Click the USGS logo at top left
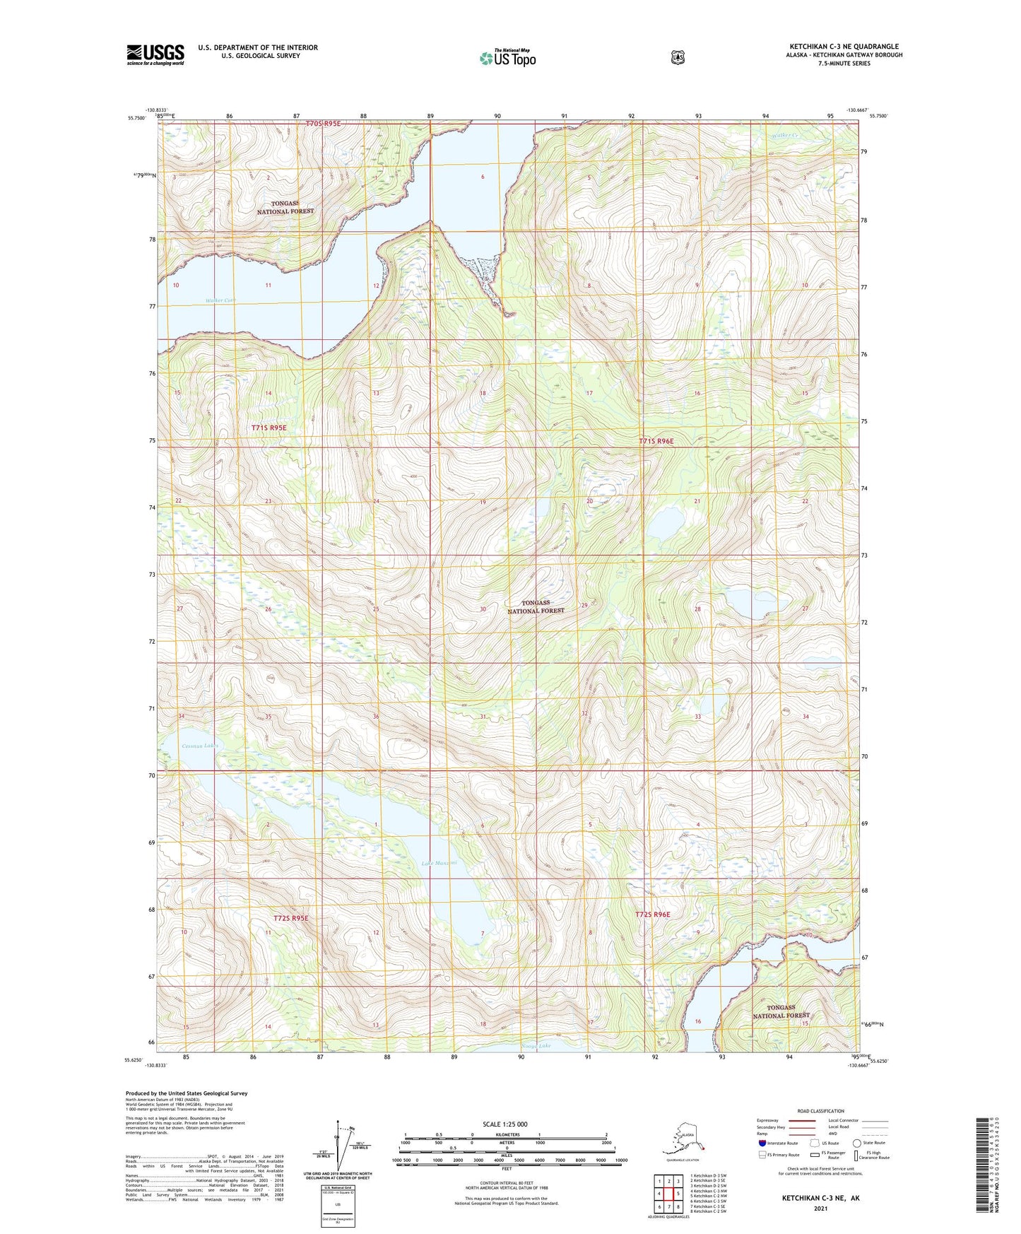coord(155,54)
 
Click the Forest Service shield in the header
coord(677,57)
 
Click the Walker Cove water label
coord(220,300)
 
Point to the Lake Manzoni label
coord(439,863)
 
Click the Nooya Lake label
coord(534,1045)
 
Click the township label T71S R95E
coord(269,428)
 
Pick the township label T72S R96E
coord(652,915)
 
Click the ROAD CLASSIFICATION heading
coord(820,1111)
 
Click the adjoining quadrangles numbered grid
coord(668,1195)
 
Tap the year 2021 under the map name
coord(820,1208)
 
